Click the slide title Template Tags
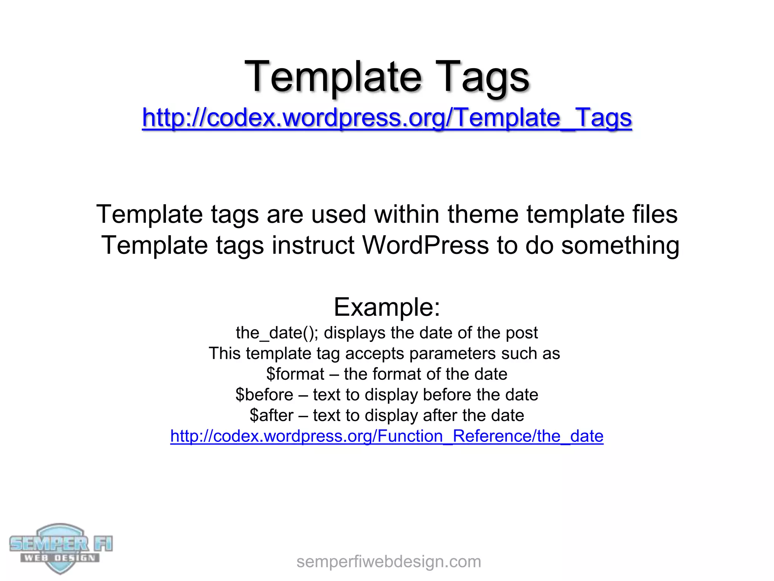pos(387,77)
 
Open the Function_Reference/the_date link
pos(387,436)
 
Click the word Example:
pos(387,307)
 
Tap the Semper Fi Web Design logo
pos(60,548)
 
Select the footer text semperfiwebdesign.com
pos(389,562)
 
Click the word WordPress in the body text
pos(426,245)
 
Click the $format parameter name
pos(295,374)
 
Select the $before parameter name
pos(264,395)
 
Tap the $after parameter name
pos(271,415)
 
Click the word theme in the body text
pos(483,214)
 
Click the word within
pos(407,214)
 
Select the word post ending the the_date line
pos(522,333)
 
